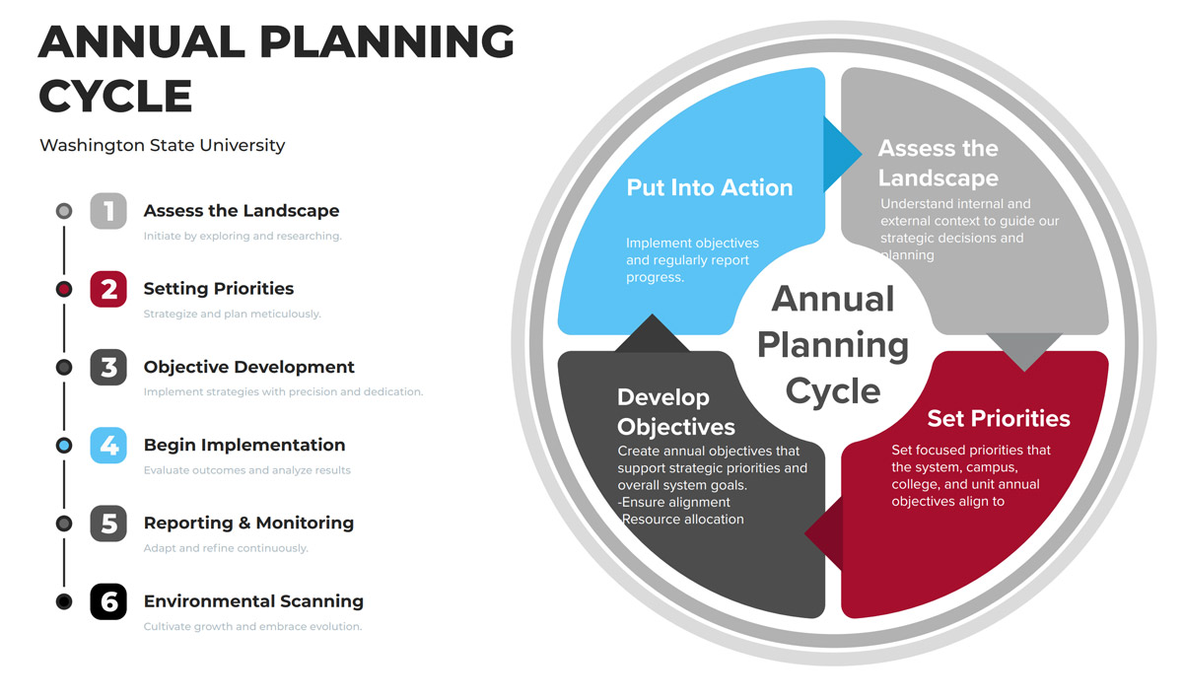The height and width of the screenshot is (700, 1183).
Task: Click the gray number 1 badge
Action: pos(108,211)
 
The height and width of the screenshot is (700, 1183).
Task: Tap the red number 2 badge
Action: pos(108,289)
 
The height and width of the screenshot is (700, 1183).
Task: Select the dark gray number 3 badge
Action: pos(108,367)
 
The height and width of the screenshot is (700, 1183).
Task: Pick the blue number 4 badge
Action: pos(108,446)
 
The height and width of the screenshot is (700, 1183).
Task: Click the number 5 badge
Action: pos(108,524)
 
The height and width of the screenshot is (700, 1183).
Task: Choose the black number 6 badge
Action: pos(108,601)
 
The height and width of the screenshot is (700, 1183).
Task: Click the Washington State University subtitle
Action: pos(162,145)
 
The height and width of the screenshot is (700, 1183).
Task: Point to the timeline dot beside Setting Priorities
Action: pos(64,289)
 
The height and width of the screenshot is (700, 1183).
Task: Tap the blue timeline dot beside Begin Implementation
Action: pos(64,446)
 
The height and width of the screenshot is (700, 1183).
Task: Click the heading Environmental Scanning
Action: pos(253,601)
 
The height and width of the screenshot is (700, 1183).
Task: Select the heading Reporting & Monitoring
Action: pos(248,523)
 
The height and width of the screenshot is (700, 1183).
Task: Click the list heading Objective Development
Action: pos(248,367)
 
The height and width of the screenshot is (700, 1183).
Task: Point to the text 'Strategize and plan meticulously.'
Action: pos(233,314)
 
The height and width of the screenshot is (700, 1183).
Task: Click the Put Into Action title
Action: pos(710,187)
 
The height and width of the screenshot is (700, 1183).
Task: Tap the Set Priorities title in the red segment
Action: pos(999,418)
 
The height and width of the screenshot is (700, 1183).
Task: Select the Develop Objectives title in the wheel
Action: pos(676,412)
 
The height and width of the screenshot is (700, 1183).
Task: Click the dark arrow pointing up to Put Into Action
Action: pos(653,333)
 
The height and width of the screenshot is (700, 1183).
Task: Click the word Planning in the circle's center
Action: pos(833,346)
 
